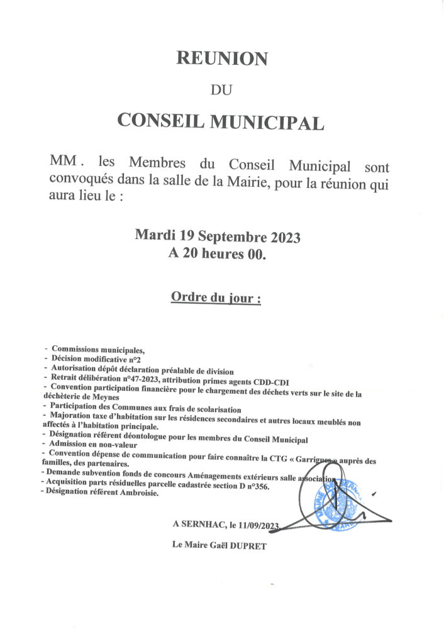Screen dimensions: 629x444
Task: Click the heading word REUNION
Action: coord(221,58)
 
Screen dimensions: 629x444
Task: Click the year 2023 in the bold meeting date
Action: coord(285,238)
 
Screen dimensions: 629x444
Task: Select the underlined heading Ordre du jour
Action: coord(216,296)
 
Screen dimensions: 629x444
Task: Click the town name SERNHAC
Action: coord(203,523)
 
